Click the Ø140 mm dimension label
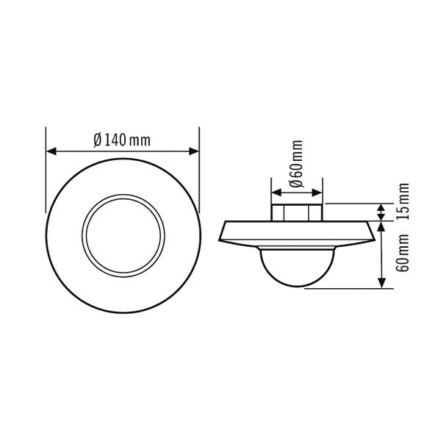coord(122,140)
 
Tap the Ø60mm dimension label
coord(297,163)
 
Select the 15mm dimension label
coord(404,201)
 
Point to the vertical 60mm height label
coord(403,253)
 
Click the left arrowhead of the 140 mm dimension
coord(51,151)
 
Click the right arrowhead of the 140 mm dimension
coord(193,151)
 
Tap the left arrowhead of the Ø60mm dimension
coord(277,193)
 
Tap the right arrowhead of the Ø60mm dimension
coord(317,193)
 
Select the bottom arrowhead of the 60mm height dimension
coord(381,283)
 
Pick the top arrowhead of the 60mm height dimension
coord(381,226)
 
